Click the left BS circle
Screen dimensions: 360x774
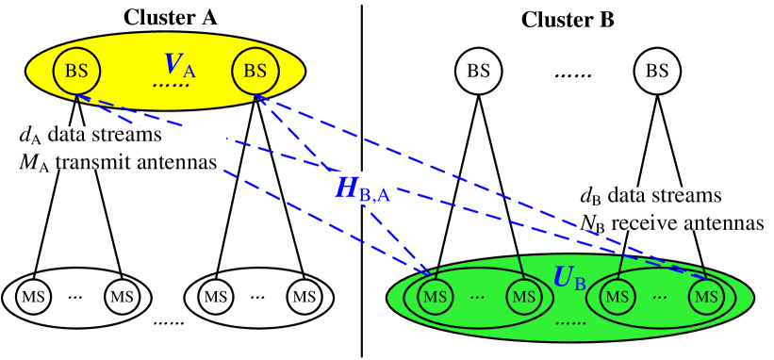[x=76, y=71]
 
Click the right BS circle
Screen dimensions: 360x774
[x=255, y=71]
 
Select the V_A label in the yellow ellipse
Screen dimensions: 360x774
[x=179, y=65]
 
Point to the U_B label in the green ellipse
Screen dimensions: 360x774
[x=569, y=278]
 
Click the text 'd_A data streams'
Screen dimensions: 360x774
[x=90, y=138]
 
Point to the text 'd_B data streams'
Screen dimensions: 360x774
[x=650, y=197]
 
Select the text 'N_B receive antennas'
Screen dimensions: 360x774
[x=673, y=222]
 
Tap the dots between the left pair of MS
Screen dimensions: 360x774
[x=477, y=297]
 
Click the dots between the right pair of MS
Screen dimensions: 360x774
[x=660, y=297]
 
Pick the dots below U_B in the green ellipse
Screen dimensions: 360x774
[x=569, y=323]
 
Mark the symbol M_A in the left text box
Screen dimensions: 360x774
[x=26, y=162]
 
